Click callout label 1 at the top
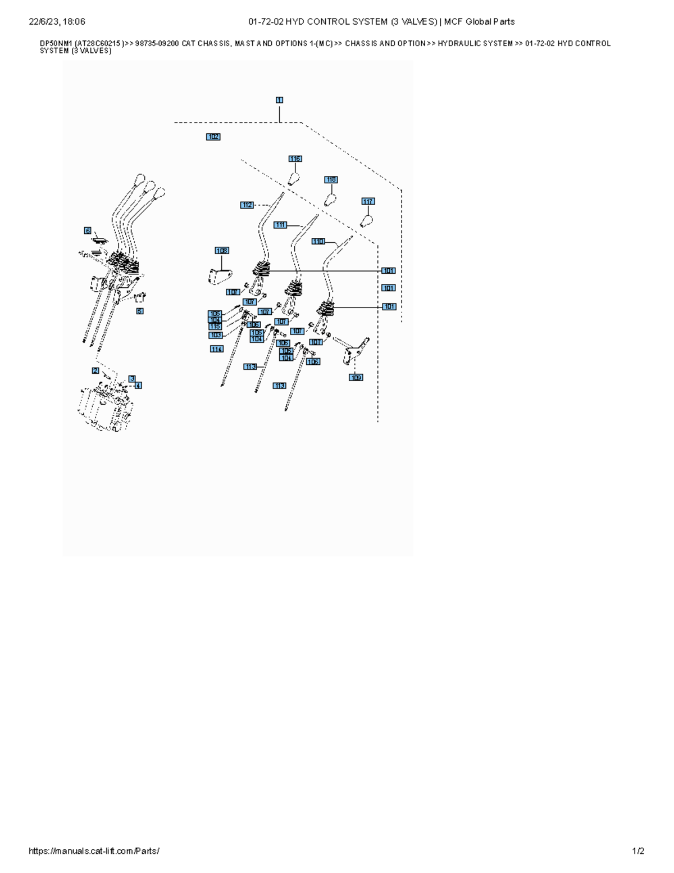click(279, 100)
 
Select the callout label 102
click(213, 137)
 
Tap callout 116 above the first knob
click(295, 159)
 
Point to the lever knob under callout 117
click(366, 221)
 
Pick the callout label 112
click(247, 205)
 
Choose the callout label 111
click(280, 225)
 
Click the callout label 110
click(318, 241)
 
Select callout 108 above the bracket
click(222, 251)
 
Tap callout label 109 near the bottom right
click(356, 378)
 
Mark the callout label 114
click(217, 349)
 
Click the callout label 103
click(216, 336)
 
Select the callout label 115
click(215, 327)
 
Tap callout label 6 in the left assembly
click(88, 230)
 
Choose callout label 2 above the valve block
click(95, 370)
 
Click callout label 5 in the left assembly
click(140, 311)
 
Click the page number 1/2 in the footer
click(639, 851)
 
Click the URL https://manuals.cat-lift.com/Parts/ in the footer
click(94, 851)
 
